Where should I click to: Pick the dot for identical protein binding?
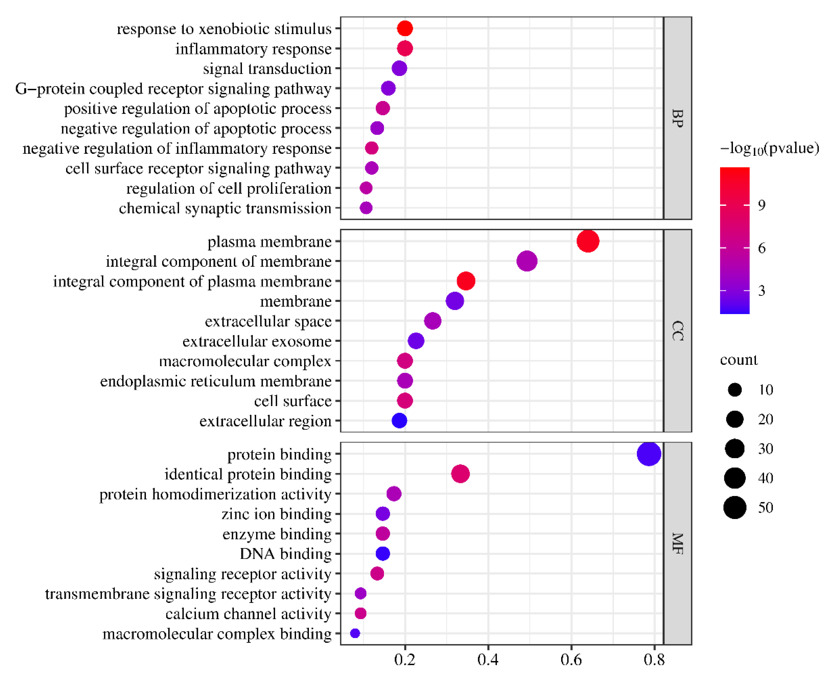click(x=460, y=474)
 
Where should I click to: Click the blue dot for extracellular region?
click(x=399, y=421)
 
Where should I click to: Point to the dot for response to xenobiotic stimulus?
click(x=405, y=28)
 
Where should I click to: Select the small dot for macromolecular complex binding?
click(x=355, y=633)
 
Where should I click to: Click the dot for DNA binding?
click(x=382, y=554)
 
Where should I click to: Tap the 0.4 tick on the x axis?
click(x=488, y=660)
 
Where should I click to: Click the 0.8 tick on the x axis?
click(x=654, y=660)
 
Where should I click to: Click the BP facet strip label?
click(x=677, y=118)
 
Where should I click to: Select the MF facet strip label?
click(x=677, y=544)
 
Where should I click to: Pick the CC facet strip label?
click(x=677, y=331)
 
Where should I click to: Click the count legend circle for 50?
click(x=734, y=508)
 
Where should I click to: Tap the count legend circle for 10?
click(x=734, y=390)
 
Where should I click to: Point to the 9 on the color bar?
click(x=761, y=205)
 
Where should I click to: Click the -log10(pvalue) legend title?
click(x=769, y=149)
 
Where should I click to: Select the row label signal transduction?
click(x=267, y=69)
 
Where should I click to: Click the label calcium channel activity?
click(x=248, y=614)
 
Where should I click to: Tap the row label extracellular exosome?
click(x=257, y=342)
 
